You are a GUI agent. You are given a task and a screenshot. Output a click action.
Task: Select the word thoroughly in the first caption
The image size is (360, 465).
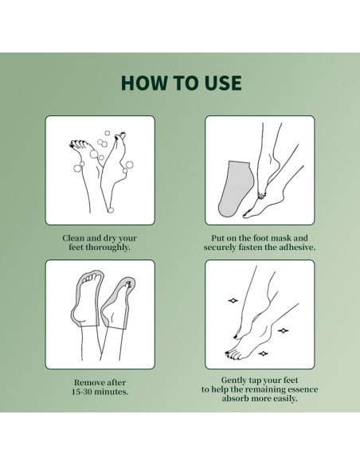click(108, 248)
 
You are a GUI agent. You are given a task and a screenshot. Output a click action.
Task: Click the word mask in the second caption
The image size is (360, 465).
click(281, 238)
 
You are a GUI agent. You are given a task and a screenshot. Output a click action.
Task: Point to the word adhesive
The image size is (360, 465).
click(297, 247)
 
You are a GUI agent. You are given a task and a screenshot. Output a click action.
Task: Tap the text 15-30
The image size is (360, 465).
click(82, 392)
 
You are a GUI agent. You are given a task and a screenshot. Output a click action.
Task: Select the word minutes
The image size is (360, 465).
click(112, 392)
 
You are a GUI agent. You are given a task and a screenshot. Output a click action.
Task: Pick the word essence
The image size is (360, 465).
click(303, 389)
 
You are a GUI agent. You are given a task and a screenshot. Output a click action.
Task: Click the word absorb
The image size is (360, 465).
click(235, 398)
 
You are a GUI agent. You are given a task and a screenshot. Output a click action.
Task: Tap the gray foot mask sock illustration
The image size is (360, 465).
click(236, 189)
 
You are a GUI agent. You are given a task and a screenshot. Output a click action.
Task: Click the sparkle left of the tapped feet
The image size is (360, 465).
click(233, 301)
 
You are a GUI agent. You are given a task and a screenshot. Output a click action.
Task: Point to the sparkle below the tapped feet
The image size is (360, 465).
click(263, 354)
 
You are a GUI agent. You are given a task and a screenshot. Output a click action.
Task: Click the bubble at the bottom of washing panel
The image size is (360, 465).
click(111, 210)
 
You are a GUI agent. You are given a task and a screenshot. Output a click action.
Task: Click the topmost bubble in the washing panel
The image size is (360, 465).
click(107, 133)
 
